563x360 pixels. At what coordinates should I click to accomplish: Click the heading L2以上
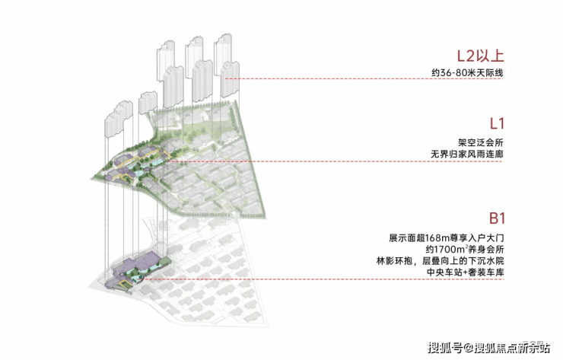(480, 56)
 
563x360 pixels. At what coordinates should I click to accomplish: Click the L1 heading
(498, 123)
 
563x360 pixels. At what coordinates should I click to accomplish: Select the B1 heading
(497, 218)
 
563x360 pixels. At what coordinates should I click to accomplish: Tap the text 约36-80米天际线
(467, 72)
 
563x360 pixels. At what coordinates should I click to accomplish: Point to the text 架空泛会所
(481, 142)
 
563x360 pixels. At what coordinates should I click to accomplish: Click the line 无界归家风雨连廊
(467, 155)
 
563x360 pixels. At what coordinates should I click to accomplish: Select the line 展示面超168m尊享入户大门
(447, 238)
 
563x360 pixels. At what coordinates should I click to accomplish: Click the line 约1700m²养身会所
(465, 249)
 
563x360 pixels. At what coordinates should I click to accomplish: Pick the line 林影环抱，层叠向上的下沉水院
(440, 261)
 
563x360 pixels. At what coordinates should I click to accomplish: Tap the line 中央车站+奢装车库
(465, 272)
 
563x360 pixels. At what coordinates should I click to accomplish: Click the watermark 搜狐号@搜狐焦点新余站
(488, 348)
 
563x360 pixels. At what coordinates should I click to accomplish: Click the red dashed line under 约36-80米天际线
(364, 78)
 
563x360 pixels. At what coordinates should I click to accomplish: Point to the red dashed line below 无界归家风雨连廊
(335, 161)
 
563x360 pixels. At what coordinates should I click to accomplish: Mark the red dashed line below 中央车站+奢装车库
(323, 279)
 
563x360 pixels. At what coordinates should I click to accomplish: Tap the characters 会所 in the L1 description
(495, 142)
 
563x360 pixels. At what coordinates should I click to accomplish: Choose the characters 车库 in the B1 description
(495, 272)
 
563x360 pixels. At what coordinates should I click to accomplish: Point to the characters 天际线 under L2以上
(490, 72)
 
